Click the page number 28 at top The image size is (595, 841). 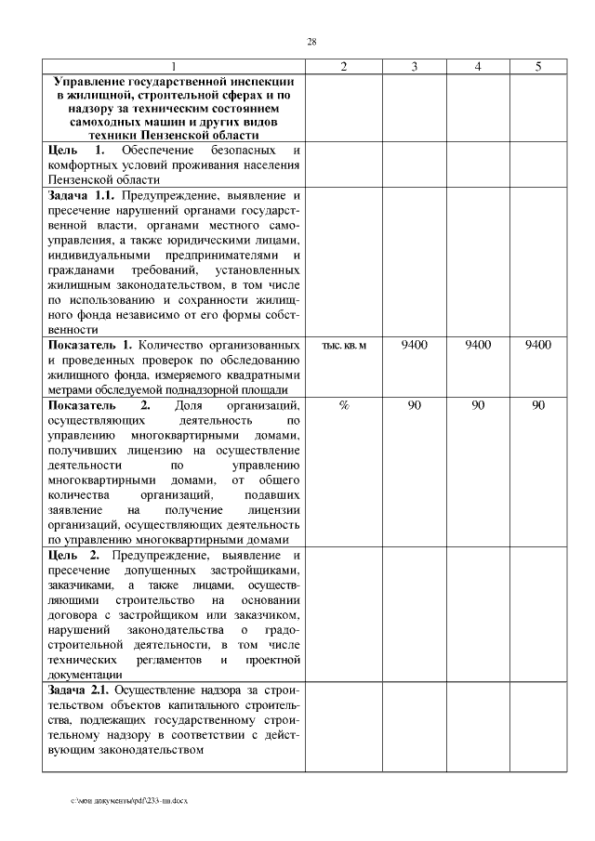(x=311, y=42)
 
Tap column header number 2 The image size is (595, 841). (x=343, y=67)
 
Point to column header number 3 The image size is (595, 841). (x=414, y=67)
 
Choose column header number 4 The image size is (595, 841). (x=477, y=67)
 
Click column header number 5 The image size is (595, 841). (x=537, y=67)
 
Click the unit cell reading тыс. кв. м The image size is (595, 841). (x=343, y=346)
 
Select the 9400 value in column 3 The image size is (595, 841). (x=414, y=345)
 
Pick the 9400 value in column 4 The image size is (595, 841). (x=477, y=345)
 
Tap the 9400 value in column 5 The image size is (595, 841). (x=537, y=345)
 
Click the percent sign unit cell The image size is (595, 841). (x=343, y=406)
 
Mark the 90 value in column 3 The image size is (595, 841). (x=414, y=406)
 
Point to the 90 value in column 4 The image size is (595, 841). (x=477, y=406)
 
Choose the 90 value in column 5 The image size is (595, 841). (x=537, y=406)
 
